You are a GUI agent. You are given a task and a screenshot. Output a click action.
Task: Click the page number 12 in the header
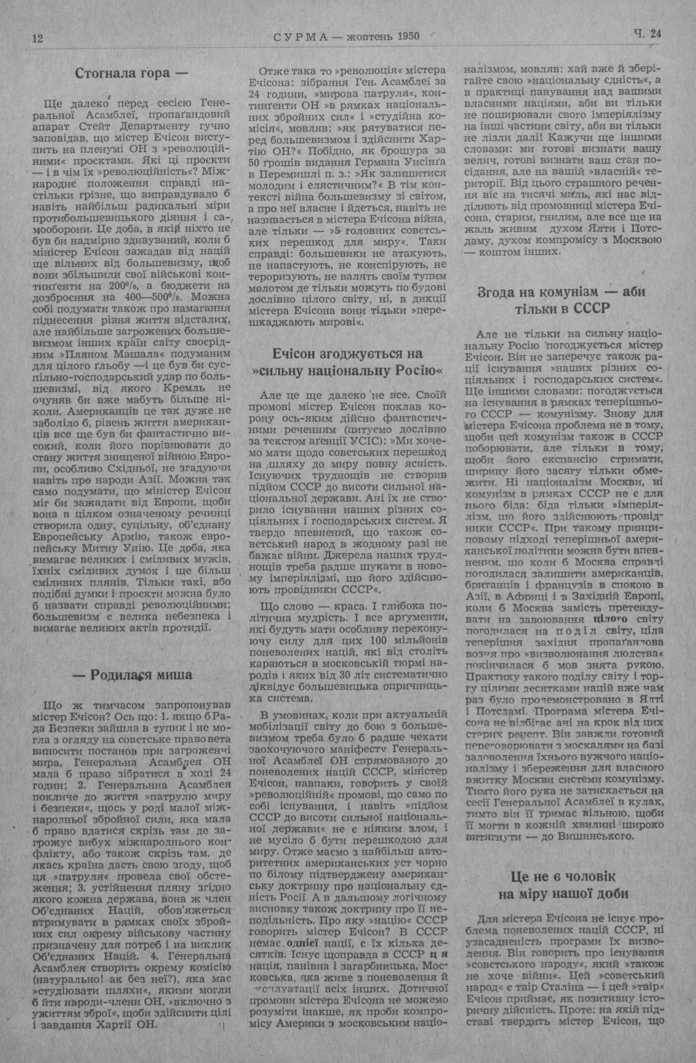point(37,39)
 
